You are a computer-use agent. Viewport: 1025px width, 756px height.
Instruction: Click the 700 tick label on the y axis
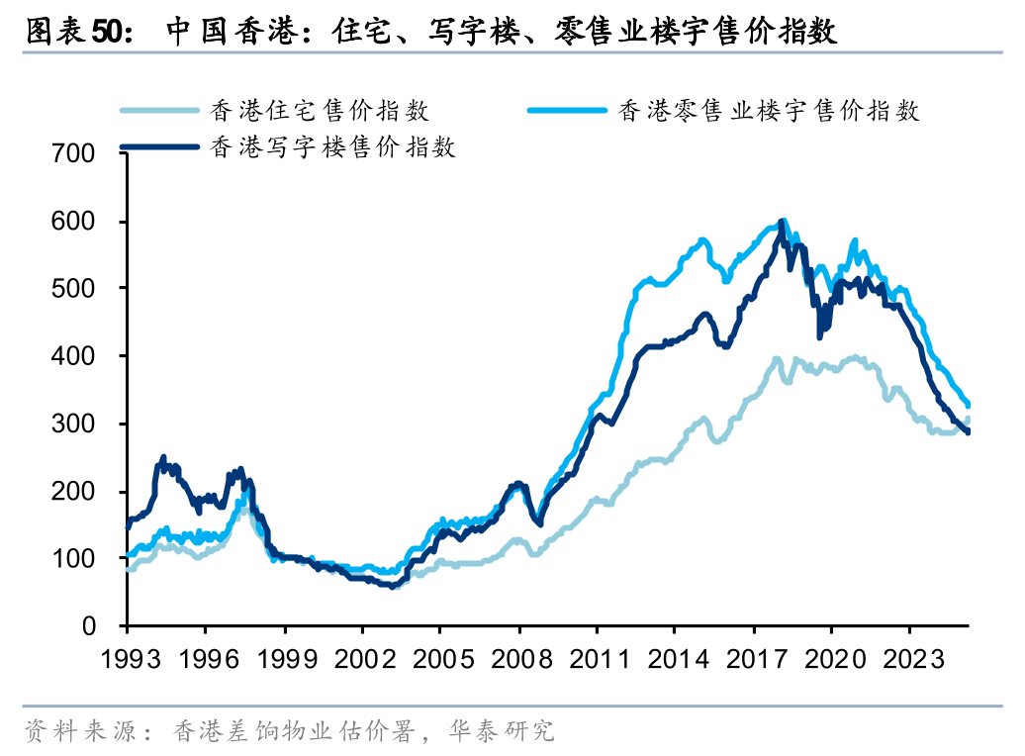(76, 153)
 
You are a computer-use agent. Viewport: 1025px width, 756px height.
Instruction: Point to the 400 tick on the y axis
(76, 356)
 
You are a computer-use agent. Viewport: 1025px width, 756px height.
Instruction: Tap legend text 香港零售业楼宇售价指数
(769, 110)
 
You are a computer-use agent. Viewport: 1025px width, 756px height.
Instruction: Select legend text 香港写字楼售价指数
(332, 148)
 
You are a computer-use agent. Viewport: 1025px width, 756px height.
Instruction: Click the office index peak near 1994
(163, 459)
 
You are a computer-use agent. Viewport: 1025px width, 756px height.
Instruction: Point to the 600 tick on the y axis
(76, 221)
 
